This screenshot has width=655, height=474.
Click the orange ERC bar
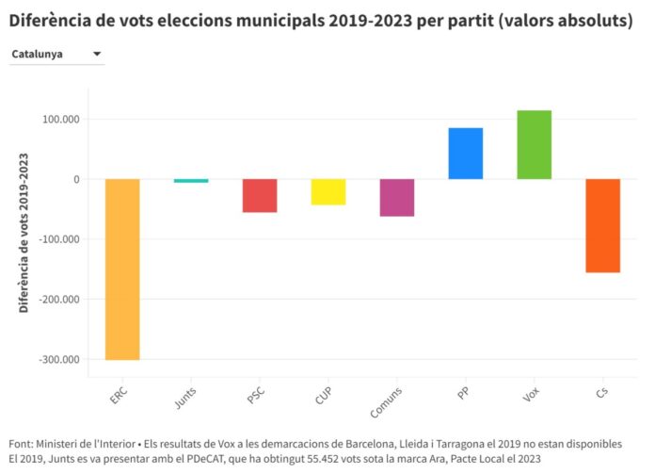click(122, 269)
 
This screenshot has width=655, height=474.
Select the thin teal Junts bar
click(191, 180)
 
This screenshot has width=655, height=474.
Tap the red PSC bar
click(260, 195)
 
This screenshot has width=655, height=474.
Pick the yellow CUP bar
click(328, 191)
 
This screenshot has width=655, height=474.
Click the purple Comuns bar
click(397, 197)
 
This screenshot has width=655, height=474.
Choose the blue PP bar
click(466, 154)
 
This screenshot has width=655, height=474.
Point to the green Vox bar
click(535, 144)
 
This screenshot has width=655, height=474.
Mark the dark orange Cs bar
click(603, 225)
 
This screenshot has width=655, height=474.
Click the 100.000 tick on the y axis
click(60, 120)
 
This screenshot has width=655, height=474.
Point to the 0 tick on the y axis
click(76, 179)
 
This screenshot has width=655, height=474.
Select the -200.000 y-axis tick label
click(58, 300)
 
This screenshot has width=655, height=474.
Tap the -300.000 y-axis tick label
click(58, 359)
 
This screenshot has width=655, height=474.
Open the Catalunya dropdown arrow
click(97, 55)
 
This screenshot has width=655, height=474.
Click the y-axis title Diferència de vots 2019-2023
click(24, 232)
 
